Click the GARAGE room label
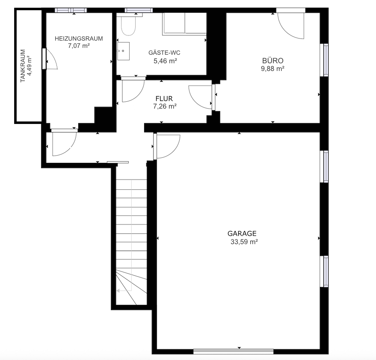[x=242, y=233]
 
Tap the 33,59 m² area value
[x=243, y=242]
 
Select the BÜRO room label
[x=273, y=61]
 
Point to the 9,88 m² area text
[x=273, y=68]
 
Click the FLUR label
[x=164, y=99]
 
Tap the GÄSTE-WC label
[x=164, y=53]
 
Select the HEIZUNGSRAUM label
[x=79, y=38]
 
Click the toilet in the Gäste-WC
[x=128, y=25]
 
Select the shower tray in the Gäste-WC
[x=184, y=23]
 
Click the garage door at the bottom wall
[x=233, y=351]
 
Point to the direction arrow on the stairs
[x=119, y=290]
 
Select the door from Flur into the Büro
[x=201, y=97]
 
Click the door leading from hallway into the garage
[x=167, y=145]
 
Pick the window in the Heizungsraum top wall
[x=71, y=10]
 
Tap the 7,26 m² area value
[x=165, y=106]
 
